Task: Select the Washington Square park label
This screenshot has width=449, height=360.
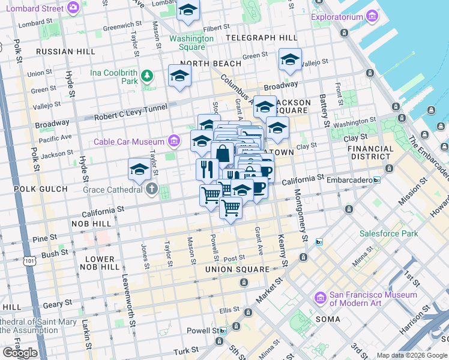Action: (191, 43)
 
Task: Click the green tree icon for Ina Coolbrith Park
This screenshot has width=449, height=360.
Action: (147, 76)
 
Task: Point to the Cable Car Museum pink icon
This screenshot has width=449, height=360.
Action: (174, 142)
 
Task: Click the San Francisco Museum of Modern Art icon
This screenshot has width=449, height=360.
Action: (320, 298)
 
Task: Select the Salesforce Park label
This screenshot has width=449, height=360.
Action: (388, 233)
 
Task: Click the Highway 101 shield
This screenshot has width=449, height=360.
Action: (29, 261)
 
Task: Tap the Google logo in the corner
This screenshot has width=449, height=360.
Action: (20, 353)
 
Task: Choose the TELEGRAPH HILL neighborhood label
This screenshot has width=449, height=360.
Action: (262, 38)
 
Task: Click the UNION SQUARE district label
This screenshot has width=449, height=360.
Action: (237, 269)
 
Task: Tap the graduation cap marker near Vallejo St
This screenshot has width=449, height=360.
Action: (290, 59)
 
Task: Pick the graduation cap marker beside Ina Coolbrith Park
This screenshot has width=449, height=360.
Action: (179, 76)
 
